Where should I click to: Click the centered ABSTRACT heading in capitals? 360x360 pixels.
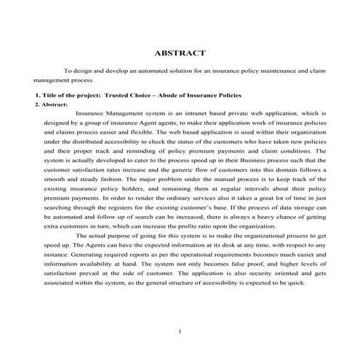tap(180, 52)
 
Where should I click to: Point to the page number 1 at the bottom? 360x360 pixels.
tap(180, 332)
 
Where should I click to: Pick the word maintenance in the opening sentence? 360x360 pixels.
tap(265, 72)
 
